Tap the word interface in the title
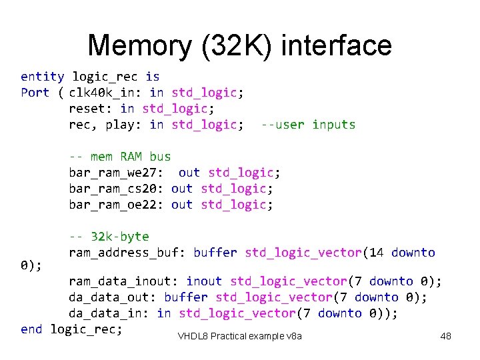coord(337,45)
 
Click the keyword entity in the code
coord(43,77)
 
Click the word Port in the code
coord(35,93)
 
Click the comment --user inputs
coord(308,125)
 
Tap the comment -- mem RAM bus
coord(120,157)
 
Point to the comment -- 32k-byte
coord(109,237)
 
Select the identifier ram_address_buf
coord(127,253)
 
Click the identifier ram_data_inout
coord(123,281)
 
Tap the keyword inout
coord(205,281)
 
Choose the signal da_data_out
coord(113,297)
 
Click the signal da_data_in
coord(109,313)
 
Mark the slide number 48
coord(446,336)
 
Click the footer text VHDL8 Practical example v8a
coord(240,336)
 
